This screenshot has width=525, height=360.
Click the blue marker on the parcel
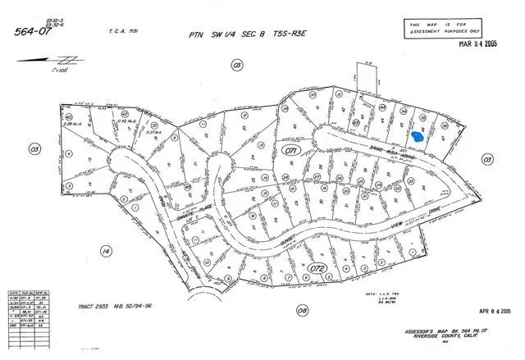click(x=418, y=137)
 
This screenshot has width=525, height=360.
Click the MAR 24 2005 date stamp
click(x=481, y=44)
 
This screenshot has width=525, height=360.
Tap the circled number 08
click(x=303, y=310)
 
